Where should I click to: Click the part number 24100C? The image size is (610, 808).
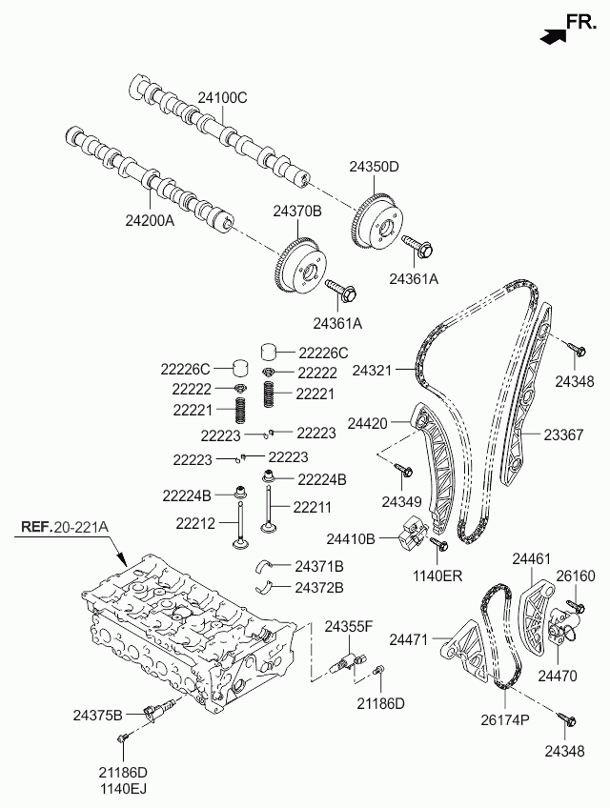(x=223, y=97)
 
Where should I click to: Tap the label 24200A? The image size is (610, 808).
(x=150, y=220)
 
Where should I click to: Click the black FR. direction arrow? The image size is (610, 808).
(x=553, y=35)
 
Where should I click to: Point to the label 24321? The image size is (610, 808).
(x=373, y=370)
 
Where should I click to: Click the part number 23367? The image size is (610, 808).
(x=563, y=434)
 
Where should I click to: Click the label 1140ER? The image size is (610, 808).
(x=437, y=576)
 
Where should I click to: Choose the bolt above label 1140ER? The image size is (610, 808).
(x=438, y=544)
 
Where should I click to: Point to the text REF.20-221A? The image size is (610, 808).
(x=65, y=527)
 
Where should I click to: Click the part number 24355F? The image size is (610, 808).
(x=349, y=627)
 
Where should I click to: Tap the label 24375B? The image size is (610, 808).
(x=98, y=715)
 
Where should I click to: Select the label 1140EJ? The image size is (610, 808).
(x=123, y=788)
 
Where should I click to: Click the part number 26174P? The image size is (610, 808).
(x=505, y=719)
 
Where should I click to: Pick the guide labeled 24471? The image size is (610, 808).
(x=465, y=649)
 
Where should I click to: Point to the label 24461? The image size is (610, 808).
(x=532, y=558)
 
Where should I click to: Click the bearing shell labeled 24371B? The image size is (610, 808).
(x=266, y=567)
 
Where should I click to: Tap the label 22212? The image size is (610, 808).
(x=195, y=523)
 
